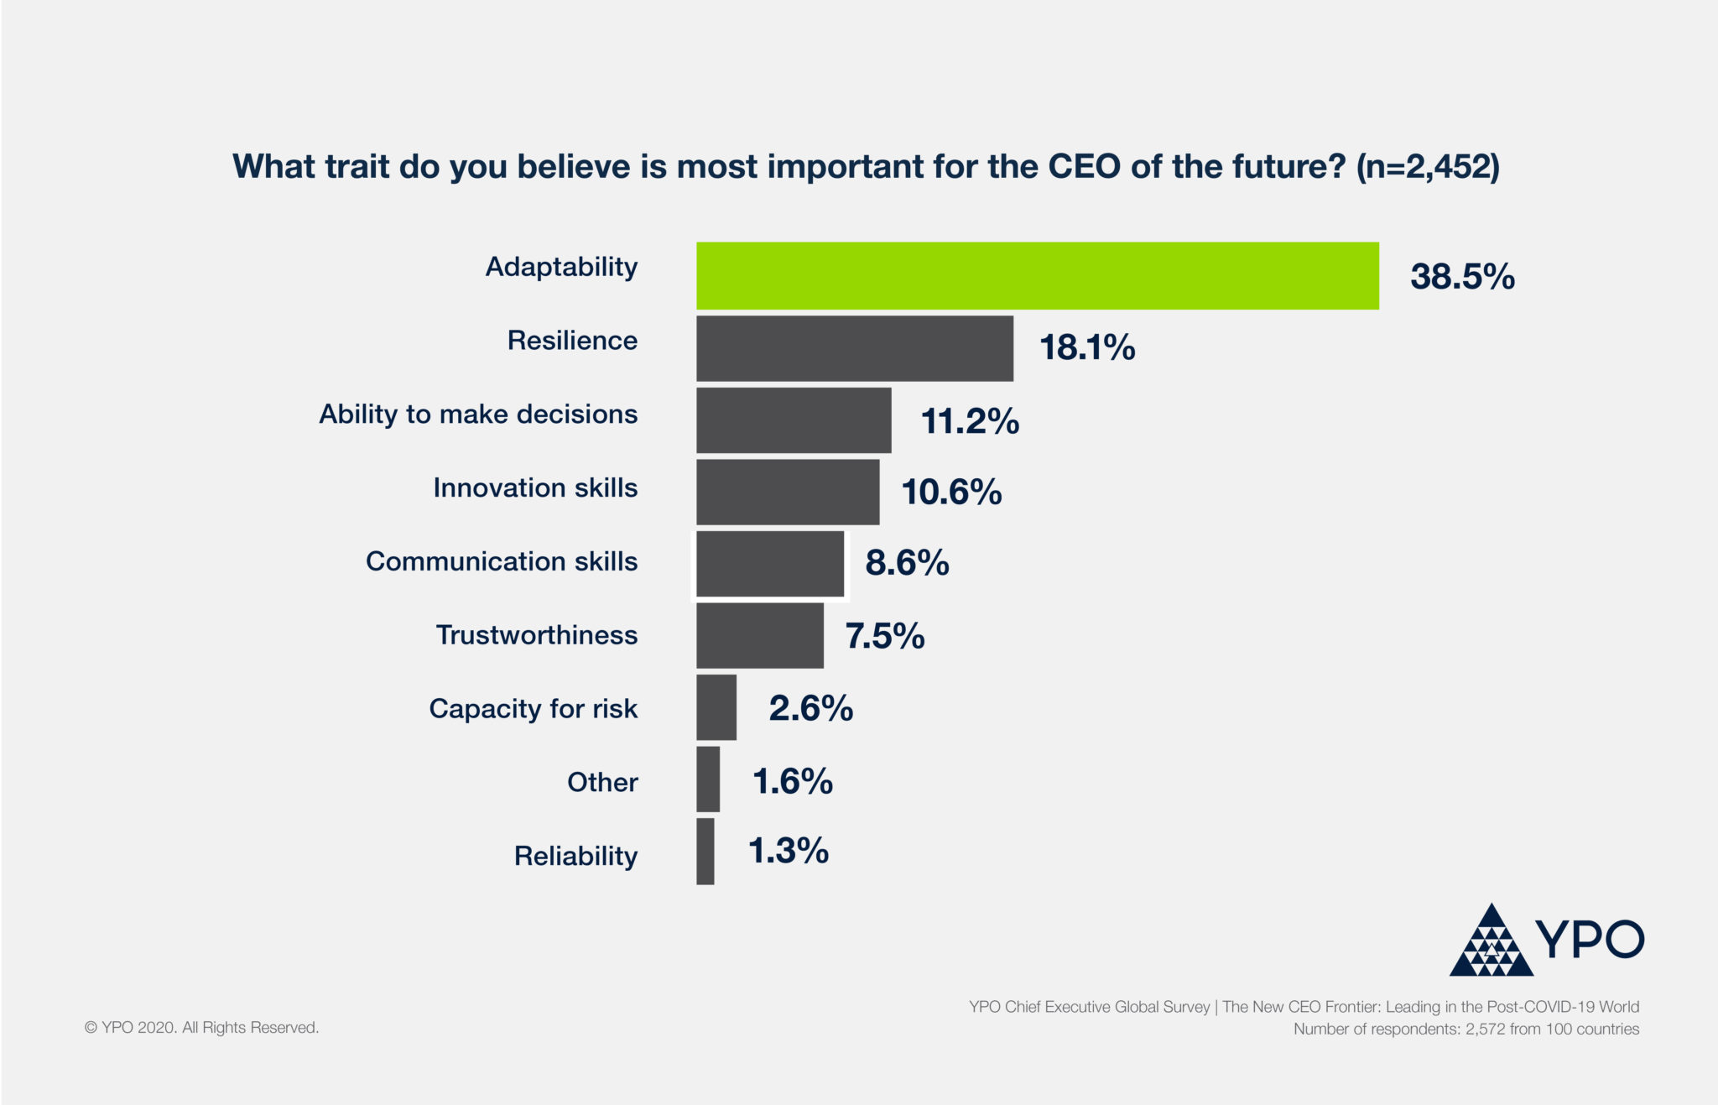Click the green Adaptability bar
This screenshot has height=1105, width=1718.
(1037, 276)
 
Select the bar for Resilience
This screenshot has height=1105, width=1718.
(854, 348)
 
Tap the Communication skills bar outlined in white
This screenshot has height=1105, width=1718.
(769, 564)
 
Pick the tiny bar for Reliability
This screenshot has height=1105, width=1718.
(705, 852)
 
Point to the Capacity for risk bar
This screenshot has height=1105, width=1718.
(716, 707)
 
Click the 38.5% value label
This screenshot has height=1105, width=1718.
(1462, 277)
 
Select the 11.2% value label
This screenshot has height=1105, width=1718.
(970, 420)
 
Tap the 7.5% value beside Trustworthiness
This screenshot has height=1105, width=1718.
(884, 636)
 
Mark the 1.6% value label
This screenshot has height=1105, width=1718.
(792, 781)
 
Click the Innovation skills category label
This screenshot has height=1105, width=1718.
(535, 487)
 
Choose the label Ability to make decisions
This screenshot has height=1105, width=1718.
(478, 414)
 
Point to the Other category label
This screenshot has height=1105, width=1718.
(602, 782)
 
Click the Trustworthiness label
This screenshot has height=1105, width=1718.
(537, 635)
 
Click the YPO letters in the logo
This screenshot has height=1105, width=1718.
(1590, 939)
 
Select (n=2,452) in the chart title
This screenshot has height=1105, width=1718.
(1428, 167)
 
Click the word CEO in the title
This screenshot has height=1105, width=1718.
(1084, 166)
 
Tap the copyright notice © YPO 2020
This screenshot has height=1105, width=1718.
(201, 1028)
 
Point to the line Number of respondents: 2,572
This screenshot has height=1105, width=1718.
(1466, 1029)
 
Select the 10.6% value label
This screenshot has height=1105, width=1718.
(951, 492)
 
